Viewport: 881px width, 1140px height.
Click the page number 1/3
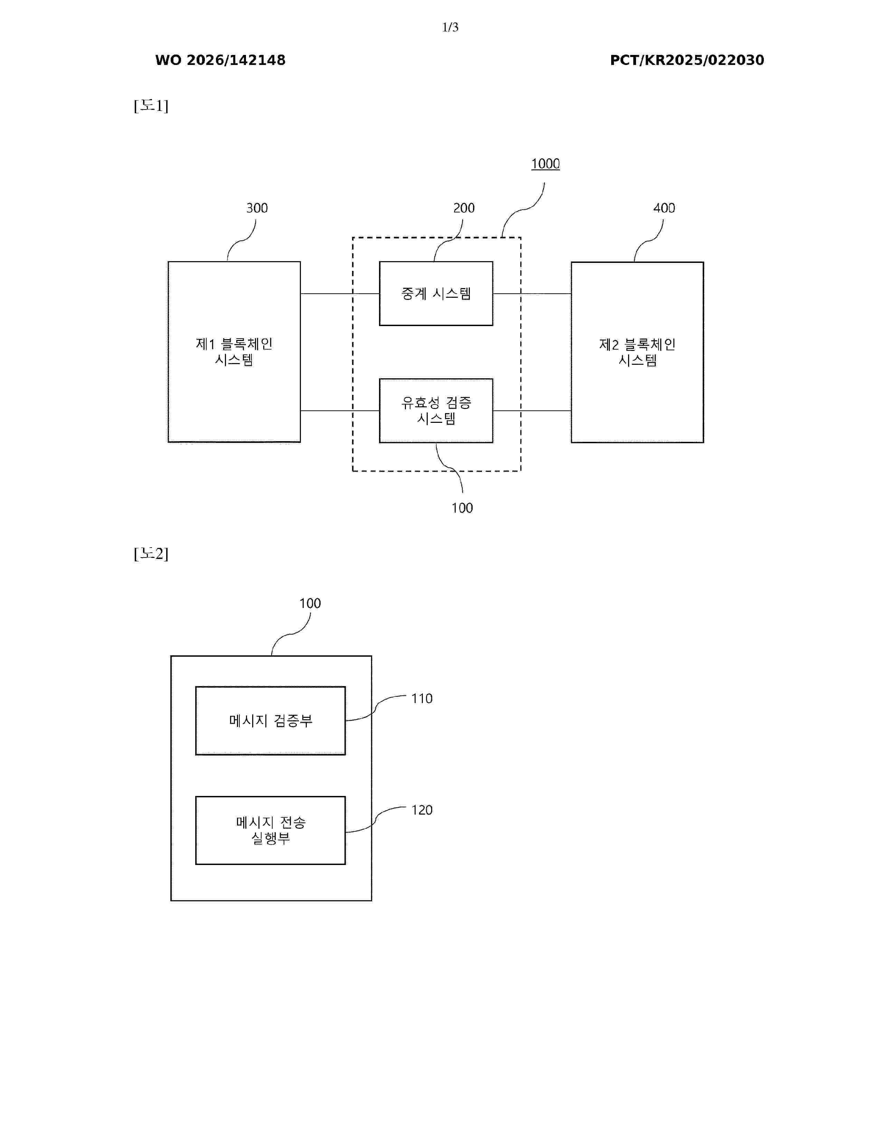pos(450,27)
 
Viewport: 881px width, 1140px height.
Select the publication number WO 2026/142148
pos(220,60)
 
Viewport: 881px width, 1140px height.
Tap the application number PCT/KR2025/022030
pos(687,60)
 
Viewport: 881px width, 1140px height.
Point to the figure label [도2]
pos(151,553)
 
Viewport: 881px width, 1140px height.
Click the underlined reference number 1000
pos(546,164)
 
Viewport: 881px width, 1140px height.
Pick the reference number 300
pos(257,208)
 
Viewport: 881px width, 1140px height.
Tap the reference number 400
pos(664,208)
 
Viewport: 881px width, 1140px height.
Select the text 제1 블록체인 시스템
pos(234,352)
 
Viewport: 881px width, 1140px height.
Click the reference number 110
pos(422,699)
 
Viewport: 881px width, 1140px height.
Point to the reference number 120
pos(422,810)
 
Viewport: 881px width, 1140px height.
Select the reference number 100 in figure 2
pos(310,604)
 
